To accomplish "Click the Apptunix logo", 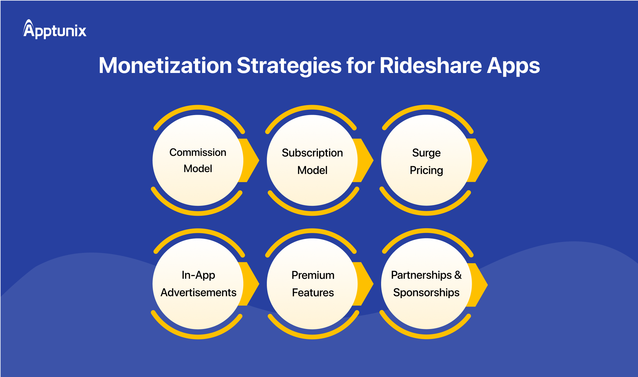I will point(55,30).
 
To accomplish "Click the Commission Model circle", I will point(198,160).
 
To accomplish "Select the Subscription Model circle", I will point(312,160).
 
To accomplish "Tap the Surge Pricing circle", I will point(426,160).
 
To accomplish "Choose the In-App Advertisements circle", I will point(198,284).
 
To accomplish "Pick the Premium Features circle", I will point(312,284).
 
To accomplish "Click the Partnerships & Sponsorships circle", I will point(426,284).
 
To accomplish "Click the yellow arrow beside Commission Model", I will point(251,160).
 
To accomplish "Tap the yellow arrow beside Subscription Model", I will point(365,160).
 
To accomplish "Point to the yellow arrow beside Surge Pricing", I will point(479,160).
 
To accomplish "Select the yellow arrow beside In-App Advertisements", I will point(251,284).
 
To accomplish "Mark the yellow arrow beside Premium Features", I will point(365,284).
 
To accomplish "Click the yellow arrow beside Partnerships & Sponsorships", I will point(479,284).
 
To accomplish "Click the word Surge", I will point(426,153).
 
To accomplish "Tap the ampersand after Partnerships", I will point(458,275).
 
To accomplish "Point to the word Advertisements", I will point(198,292).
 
